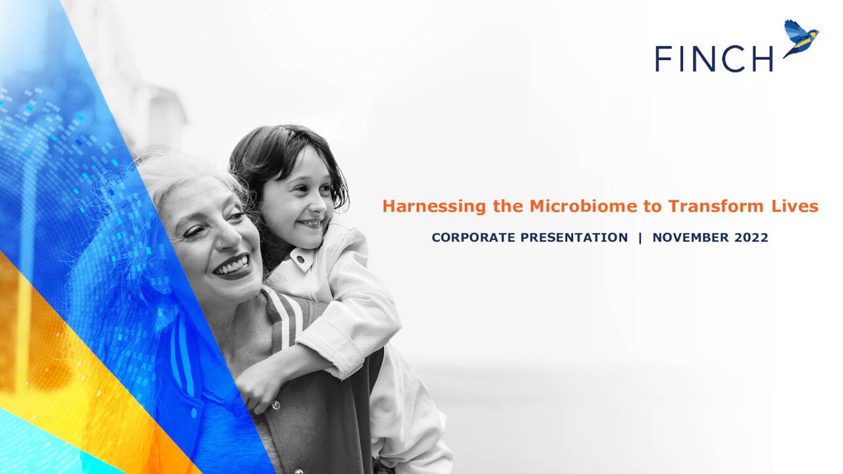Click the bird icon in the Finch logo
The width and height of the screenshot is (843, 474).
click(x=801, y=38)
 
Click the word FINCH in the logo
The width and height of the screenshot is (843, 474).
click(x=714, y=59)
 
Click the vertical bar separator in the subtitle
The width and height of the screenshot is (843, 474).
click(x=639, y=238)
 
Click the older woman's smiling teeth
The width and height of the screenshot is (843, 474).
click(x=232, y=266)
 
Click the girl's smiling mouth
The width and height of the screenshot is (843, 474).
click(x=311, y=223)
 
